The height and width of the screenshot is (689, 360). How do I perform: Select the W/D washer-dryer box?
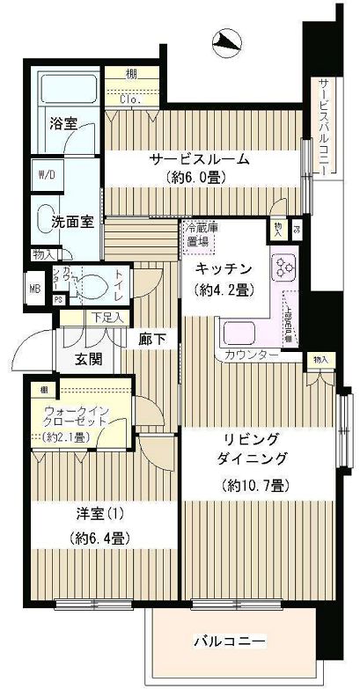click(x=45, y=174)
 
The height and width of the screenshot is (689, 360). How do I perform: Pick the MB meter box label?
click(x=35, y=288)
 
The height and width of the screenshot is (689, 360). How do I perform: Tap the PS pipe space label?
click(x=57, y=299)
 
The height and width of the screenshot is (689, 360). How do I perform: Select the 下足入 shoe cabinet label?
click(x=106, y=318)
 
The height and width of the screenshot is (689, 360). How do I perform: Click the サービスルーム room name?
click(x=198, y=159)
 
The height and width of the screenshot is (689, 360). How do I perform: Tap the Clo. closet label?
click(x=129, y=99)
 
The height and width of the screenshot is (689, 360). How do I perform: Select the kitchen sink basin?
click(x=239, y=334)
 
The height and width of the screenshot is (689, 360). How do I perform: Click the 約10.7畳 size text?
click(x=255, y=485)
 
